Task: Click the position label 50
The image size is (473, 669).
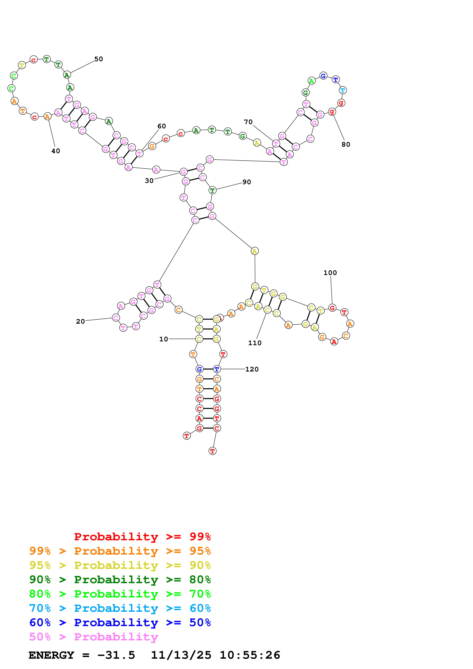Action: coord(98,59)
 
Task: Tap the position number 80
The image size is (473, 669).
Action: coord(346,145)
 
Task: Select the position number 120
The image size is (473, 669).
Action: coord(252,369)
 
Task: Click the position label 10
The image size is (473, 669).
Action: coord(164,339)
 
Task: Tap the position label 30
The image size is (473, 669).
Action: coord(149,181)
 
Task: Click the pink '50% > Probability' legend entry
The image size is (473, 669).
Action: coord(93,637)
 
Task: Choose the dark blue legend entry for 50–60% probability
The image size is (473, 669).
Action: coord(120,622)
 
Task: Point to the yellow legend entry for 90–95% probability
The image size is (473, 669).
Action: coord(120,565)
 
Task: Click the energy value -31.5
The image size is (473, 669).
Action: coord(116,655)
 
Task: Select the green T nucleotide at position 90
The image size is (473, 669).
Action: coord(212,191)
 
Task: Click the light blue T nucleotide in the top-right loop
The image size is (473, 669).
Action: coord(343,90)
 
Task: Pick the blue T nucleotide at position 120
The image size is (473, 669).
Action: coord(217,369)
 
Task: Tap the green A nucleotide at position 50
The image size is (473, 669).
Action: coord(67,75)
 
